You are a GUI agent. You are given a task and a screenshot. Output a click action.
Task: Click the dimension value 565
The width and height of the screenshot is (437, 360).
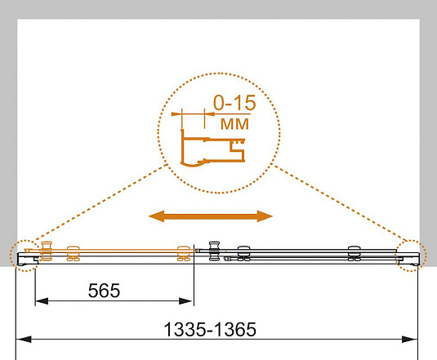pos(104,291)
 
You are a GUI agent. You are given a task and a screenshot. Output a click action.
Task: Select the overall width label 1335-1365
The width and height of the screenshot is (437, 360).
pos(210,329)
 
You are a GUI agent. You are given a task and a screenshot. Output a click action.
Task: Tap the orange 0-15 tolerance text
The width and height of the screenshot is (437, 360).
pos(234,103)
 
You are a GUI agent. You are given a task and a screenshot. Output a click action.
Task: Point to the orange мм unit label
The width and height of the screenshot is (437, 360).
pos(234,124)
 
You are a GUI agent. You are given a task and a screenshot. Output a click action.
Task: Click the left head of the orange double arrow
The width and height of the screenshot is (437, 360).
pos(157,216)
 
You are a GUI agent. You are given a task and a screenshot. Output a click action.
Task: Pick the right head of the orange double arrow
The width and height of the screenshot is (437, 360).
pos(265,216)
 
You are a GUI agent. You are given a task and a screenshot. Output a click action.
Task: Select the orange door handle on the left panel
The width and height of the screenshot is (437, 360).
pos(47,251)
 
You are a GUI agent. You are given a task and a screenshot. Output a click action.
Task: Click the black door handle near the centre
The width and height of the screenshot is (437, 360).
pos(214,251)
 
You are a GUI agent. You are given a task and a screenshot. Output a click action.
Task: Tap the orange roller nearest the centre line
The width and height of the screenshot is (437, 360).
pos(184,253)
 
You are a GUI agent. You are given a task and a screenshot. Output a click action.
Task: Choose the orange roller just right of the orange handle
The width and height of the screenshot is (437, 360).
pos(74,253)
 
